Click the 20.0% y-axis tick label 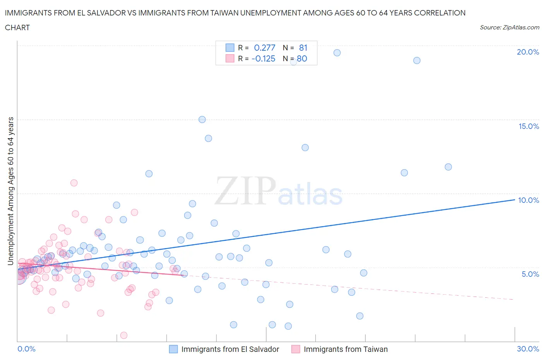(x=528, y=52)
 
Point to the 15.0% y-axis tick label (x=529, y=126)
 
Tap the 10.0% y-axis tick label (x=529, y=200)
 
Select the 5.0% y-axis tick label (x=530, y=274)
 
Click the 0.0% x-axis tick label (x=26, y=349)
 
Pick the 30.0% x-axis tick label (x=528, y=349)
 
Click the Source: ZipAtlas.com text (x=509, y=27)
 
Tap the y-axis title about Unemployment (x=10, y=191)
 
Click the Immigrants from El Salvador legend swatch (x=173, y=349)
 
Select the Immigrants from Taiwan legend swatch (x=296, y=349)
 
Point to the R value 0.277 (x=264, y=48)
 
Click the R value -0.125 (x=263, y=58)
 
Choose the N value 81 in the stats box (x=303, y=48)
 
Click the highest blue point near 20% (x=337, y=53)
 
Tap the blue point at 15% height (x=202, y=120)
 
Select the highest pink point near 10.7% (x=74, y=183)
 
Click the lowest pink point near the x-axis (x=124, y=335)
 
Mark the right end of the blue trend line (x=514, y=199)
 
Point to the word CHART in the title (x=17, y=27)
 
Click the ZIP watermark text (x=245, y=191)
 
